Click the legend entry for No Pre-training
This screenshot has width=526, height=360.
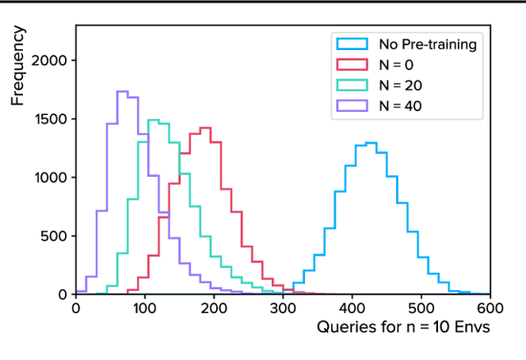tap(427, 44)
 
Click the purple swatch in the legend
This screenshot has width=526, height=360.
tap(352, 104)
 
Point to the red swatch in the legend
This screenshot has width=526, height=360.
tap(352, 64)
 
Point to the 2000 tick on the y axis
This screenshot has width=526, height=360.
tap(52, 61)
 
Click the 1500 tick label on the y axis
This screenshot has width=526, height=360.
tap(52, 119)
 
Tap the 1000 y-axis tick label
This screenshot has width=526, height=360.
tap(52, 178)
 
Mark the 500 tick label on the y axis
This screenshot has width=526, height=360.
tap(57, 236)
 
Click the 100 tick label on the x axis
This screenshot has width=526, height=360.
tap(145, 309)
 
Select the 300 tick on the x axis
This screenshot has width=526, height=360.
tap(283, 309)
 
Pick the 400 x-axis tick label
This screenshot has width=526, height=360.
tap(352, 309)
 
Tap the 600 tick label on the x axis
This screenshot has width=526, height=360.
tap(490, 309)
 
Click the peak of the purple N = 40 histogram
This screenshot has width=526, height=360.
tap(122, 91)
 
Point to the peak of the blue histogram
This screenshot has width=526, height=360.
tap(371, 143)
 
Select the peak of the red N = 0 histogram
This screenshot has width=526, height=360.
tap(205, 127)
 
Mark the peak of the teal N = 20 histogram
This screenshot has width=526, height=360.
tap(154, 120)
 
